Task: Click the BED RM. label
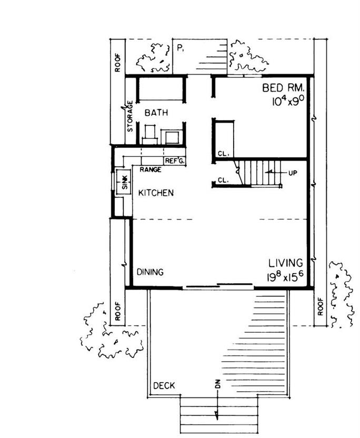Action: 283,88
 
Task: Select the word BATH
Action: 156,113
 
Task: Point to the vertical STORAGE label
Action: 130,116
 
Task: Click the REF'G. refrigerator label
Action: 175,161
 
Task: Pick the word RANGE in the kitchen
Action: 150,170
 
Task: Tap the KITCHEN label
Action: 156,193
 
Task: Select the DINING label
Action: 150,272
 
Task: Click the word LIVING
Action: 285,263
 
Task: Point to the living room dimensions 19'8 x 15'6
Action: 285,276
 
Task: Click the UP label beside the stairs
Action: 293,173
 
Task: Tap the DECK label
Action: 164,386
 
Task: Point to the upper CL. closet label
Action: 224,154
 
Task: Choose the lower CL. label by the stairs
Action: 224,180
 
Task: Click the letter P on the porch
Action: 179,48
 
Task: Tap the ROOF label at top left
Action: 117,63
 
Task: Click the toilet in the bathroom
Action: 150,134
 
